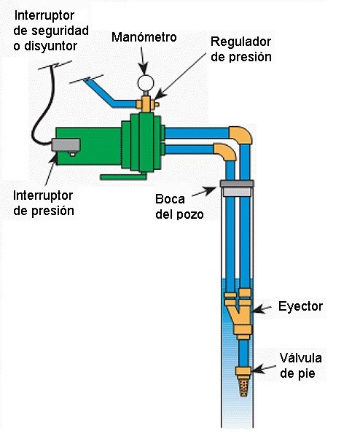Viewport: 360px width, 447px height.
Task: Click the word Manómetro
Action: pos(144,37)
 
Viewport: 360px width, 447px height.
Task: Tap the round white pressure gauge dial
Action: pos(146,82)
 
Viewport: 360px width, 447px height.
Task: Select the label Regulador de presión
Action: pos(241,49)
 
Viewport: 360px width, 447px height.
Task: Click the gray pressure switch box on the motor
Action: pos(66,145)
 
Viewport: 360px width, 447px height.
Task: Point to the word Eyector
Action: pos(300,306)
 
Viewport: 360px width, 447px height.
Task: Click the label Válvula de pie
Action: pos(300,365)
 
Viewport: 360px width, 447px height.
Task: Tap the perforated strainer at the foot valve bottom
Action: pos(243,386)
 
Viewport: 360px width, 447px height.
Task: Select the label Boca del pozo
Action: pos(179,206)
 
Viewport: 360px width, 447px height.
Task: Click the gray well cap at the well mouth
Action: pos(237,184)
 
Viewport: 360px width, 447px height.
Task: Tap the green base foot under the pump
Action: pos(123,177)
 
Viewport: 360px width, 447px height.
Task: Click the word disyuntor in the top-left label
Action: pos(50,46)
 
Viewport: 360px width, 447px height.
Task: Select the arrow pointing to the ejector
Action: pos(262,309)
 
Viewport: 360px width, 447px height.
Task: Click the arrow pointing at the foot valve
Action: pos(264,369)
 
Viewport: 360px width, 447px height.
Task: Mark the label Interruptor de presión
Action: pos(44,203)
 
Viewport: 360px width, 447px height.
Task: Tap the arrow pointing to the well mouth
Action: pos(204,192)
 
